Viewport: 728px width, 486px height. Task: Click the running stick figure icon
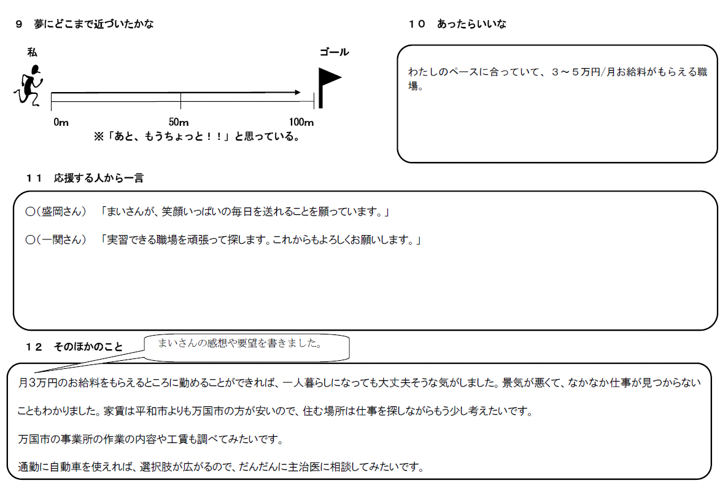click(x=29, y=86)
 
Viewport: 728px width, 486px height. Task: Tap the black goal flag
click(x=329, y=87)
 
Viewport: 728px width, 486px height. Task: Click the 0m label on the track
click(x=61, y=122)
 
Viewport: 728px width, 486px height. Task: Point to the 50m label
click(x=179, y=122)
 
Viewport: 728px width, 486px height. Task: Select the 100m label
click(x=301, y=122)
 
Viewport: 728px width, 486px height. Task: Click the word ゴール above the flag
click(x=335, y=52)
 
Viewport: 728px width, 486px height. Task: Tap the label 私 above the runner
click(x=32, y=52)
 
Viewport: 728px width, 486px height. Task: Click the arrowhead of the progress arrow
click(x=298, y=93)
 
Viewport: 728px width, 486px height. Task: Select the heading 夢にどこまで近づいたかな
click(x=93, y=24)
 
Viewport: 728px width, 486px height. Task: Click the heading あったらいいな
click(x=471, y=24)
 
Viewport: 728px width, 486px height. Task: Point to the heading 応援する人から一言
click(x=99, y=178)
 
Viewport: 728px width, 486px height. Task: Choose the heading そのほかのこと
click(x=88, y=347)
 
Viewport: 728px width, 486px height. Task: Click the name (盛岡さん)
click(x=61, y=212)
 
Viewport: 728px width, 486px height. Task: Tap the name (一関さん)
click(x=61, y=239)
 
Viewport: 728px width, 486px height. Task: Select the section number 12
click(x=34, y=347)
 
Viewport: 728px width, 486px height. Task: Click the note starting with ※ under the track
click(x=197, y=136)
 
